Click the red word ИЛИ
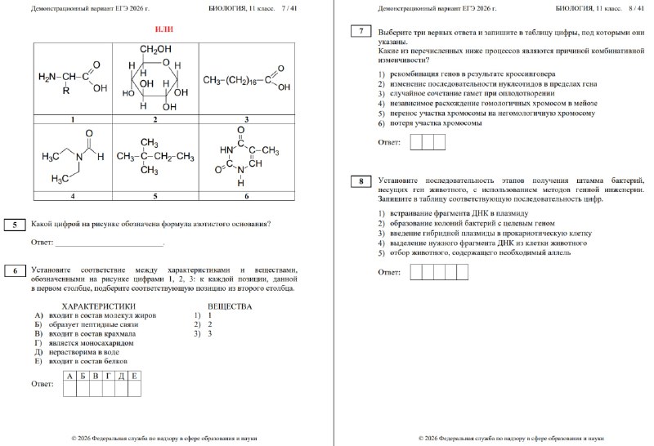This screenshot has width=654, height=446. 164,29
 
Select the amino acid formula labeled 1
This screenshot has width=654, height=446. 73,79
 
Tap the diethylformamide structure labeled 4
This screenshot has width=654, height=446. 73,158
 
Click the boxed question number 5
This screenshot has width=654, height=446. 15,225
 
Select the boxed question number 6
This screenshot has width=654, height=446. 15,270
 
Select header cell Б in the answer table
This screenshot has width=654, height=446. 83,377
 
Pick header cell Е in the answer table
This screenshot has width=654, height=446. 134,377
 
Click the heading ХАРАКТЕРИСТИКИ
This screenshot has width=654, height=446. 98,306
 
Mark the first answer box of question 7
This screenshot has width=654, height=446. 416,142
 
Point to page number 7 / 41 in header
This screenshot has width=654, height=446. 293,8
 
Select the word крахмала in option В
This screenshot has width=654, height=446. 120,334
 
